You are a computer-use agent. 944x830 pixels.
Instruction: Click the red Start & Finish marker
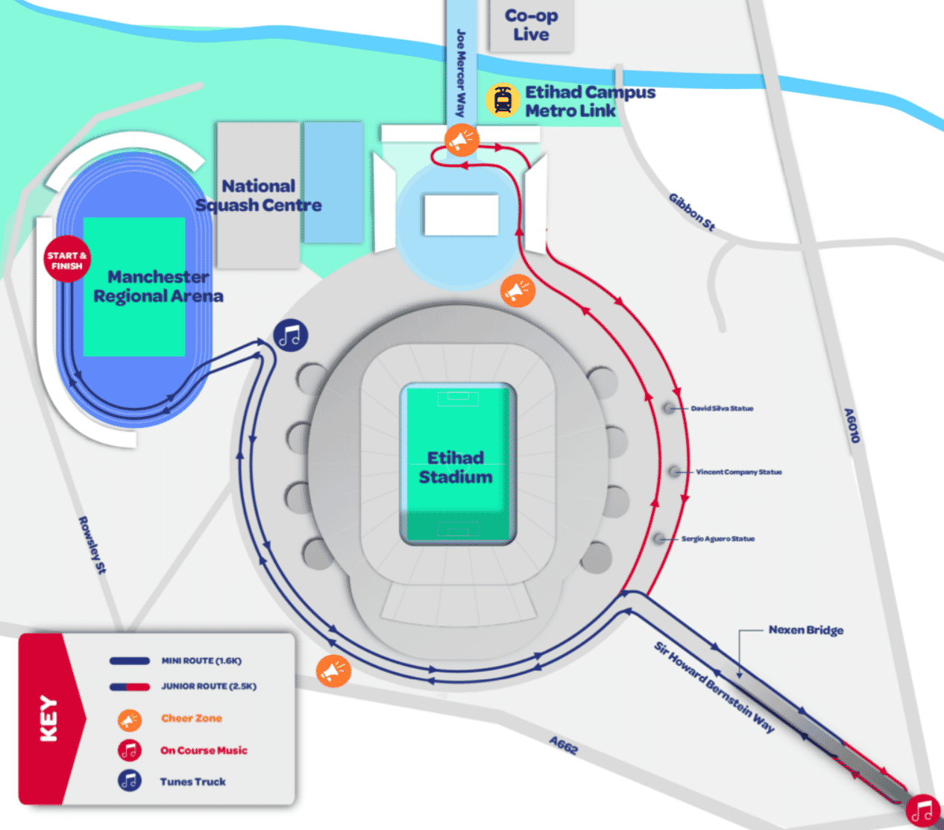pyautogui.click(x=67, y=260)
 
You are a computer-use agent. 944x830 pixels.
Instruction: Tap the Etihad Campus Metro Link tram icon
pyautogui.click(x=503, y=101)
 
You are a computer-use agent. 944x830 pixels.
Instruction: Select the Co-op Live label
pyautogui.click(x=531, y=25)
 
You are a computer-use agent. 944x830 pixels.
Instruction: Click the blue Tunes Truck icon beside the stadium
pyautogui.click(x=290, y=336)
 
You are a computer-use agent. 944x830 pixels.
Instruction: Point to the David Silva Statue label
pyautogui.click(x=721, y=409)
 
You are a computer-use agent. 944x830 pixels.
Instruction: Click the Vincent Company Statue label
pyautogui.click(x=738, y=472)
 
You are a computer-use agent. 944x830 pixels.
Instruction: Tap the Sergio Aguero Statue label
pyautogui.click(x=717, y=538)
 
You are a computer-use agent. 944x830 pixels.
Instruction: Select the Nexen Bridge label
pyautogui.click(x=805, y=630)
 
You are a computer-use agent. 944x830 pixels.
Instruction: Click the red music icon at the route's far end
pyautogui.click(x=923, y=810)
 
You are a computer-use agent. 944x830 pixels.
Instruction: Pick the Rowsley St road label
pyautogui.click(x=92, y=545)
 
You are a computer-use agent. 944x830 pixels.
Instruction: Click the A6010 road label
pyautogui.click(x=852, y=425)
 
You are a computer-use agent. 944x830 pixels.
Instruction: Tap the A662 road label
pyautogui.click(x=564, y=744)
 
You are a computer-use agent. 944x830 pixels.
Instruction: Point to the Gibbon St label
pyautogui.click(x=691, y=212)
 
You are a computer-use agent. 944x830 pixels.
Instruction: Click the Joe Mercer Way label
pyautogui.click(x=461, y=73)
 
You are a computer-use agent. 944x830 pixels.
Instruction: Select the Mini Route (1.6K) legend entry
pyautogui.click(x=201, y=661)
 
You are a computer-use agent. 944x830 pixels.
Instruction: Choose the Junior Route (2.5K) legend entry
pyautogui.click(x=208, y=686)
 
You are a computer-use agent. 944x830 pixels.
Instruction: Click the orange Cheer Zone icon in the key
pyautogui.click(x=130, y=720)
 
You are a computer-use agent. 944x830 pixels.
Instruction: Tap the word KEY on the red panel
pyautogui.click(x=48, y=718)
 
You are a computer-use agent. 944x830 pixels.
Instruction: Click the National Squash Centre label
pyautogui.click(x=259, y=195)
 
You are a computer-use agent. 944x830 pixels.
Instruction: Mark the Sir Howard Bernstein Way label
pyautogui.click(x=714, y=687)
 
